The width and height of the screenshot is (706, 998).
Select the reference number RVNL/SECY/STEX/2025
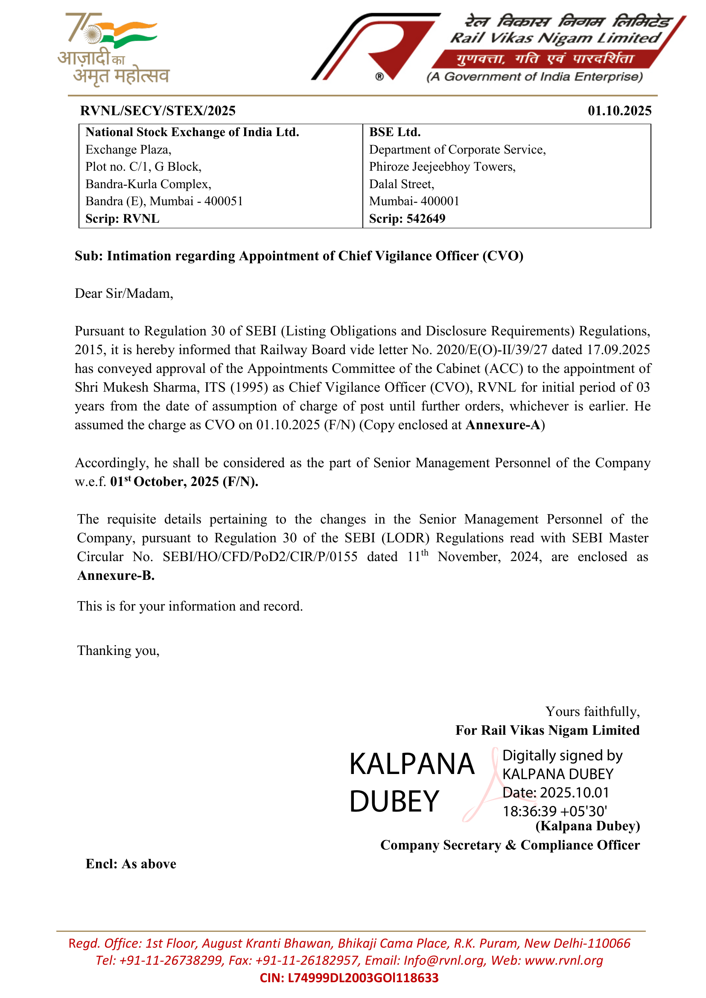click(158, 111)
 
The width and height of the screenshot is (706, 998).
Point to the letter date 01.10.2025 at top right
click(619, 111)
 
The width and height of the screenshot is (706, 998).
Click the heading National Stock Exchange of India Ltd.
click(192, 132)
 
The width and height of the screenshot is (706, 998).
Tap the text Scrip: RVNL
click(122, 218)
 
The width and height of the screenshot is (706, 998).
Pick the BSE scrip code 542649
click(426, 218)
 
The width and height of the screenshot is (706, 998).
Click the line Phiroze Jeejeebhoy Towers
click(442, 167)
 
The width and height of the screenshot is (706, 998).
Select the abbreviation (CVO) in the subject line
click(502, 256)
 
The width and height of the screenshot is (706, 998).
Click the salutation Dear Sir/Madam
click(124, 294)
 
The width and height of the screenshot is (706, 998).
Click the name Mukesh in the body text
click(123, 387)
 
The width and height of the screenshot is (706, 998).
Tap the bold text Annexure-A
click(503, 425)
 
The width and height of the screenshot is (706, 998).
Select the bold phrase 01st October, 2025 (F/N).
click(184, 482)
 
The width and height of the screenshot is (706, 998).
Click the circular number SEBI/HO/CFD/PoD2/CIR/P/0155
click(260, 557)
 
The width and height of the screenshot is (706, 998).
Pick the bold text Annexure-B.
click(116, 576)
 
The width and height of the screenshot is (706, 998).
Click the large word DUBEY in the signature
click(394, 802)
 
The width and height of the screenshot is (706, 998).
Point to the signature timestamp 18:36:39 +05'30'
click(555, 811)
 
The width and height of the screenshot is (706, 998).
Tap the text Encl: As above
click(131, 864)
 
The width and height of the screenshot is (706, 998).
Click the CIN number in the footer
click(349, 978)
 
